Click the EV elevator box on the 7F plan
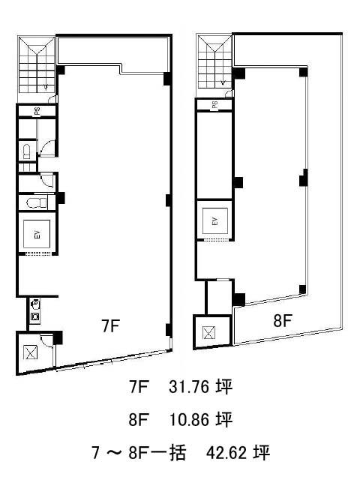(37, 234)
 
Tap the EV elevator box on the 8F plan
(215, 221)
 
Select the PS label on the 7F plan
(37, 111)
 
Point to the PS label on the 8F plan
(215, 105)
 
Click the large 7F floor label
(110, 325)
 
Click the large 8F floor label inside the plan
(282, 320)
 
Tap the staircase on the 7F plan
(37, 65)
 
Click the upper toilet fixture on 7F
(27, 151)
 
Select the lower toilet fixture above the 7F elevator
(37, 202)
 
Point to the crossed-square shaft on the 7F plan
(31, 352)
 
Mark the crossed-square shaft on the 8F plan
(209, 333)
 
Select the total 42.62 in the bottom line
(226, 453)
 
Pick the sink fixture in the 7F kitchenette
(35, 316)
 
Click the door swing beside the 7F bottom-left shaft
(47, 340)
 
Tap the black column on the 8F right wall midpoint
(303, 178)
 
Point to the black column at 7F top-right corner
(166, 79)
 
